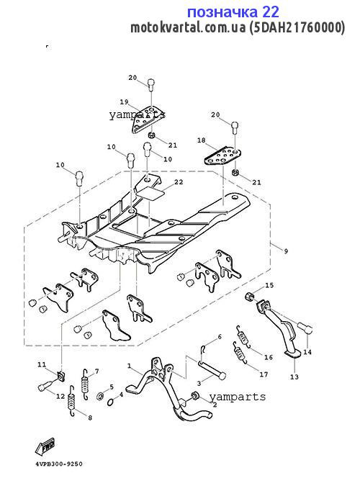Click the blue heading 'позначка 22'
click(x=233, y=12)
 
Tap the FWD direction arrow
click(x=45, y=446)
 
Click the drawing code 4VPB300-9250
click(x=59, y=464)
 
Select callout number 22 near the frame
click(x=179, y=182)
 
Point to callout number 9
click(x=286, y=251)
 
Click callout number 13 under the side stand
click(x=294, y=377)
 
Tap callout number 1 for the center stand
click(x=129, y=366)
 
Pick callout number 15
click(x=269, y=285)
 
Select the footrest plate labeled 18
click(x=222, y=156)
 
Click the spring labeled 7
click(x=85, y=384)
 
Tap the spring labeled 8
click(x=72, y=400)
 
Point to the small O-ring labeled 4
click(x=110, y=402)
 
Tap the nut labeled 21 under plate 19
click(x=153, y=135)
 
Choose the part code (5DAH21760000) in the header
click(x=297, y=27)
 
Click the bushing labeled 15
click(x=250, y=297)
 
